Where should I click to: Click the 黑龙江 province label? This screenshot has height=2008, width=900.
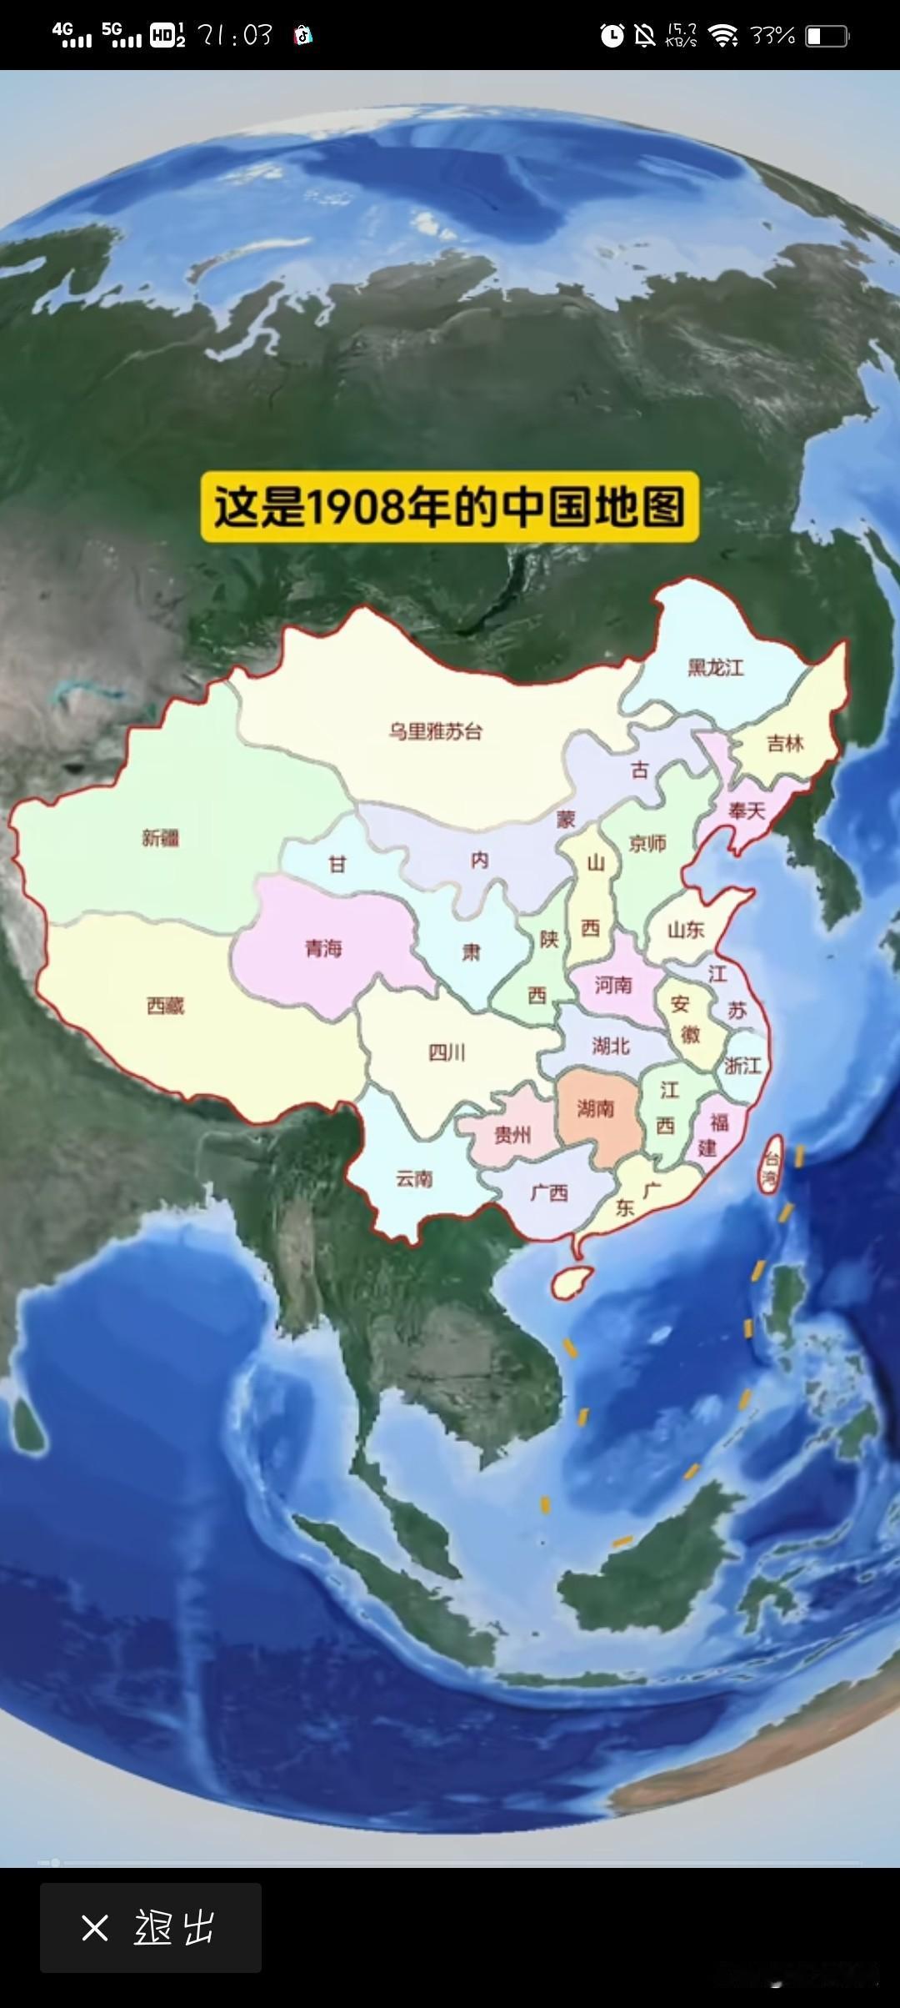coord(715,667)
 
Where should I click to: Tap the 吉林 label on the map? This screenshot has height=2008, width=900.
coord(785,743)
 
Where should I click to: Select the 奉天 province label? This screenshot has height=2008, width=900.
coord(746,810)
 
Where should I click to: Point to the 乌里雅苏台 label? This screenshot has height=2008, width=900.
coord(435,731)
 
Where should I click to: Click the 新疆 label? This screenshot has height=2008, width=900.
coord(160,837)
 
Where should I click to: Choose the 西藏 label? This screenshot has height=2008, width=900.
coord(165,1006)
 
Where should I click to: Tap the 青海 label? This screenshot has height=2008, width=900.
coord(323,947)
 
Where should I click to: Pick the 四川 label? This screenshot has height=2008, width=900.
coord(447,1052)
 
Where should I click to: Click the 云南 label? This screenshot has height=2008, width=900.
coord(414,1178)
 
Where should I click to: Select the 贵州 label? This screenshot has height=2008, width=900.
coord(512,1134)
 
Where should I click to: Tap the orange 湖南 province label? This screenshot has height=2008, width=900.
coord(595,1107)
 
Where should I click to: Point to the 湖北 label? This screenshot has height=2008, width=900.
coord(610,1045)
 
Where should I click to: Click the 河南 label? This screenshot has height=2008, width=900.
coord(613,985)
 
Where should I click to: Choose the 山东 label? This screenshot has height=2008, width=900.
coord(686,929)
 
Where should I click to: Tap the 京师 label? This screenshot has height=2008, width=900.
coord(647,843)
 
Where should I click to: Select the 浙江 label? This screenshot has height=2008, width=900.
coord(742,1065)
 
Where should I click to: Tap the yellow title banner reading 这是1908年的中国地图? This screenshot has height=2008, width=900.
coord(449,507)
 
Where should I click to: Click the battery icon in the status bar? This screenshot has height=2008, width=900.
coord(827,36)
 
